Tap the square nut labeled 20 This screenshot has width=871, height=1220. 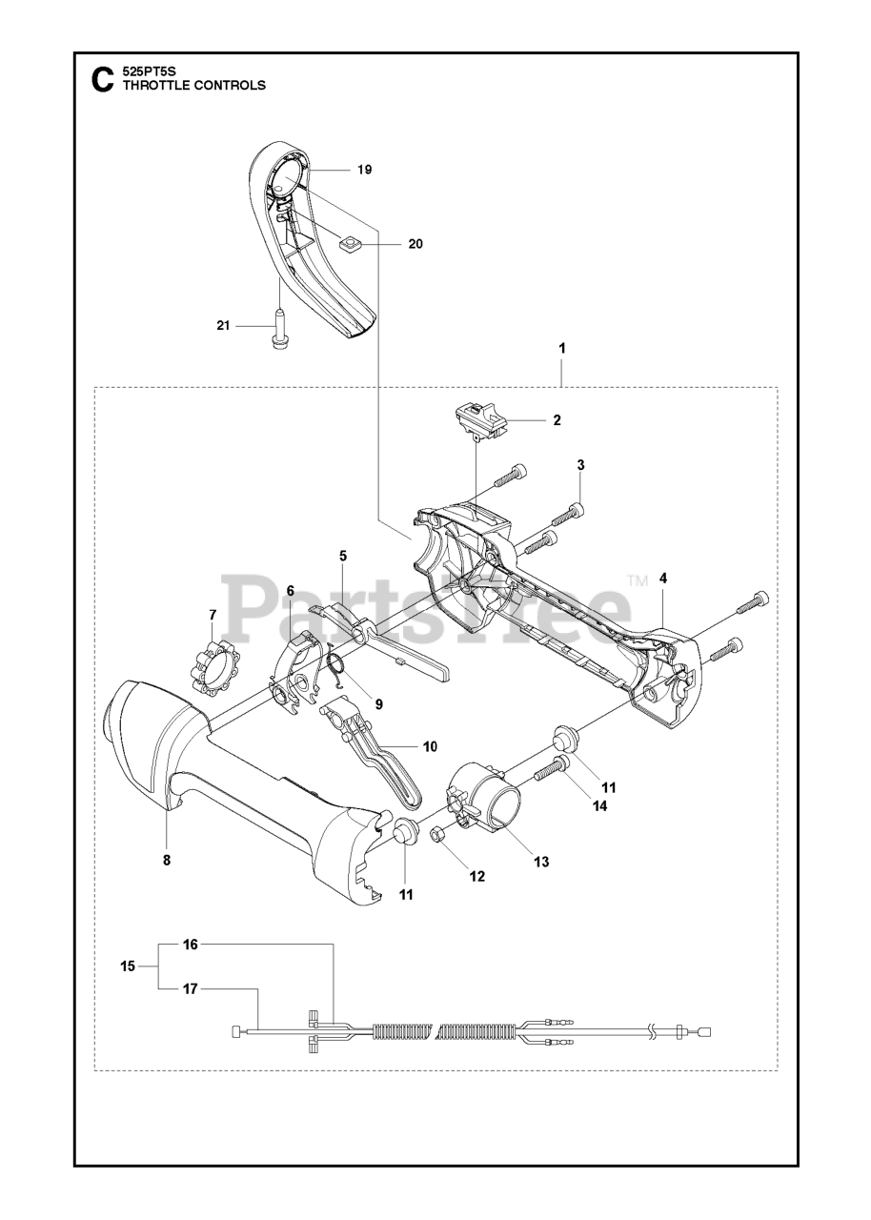point(351,243)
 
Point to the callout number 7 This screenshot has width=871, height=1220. point(213,614)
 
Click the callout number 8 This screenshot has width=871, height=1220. point(167,860)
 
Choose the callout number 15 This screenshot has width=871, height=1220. point(128,966)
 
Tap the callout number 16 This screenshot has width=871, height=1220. point(191,945)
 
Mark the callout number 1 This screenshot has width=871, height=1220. point(562,348)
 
